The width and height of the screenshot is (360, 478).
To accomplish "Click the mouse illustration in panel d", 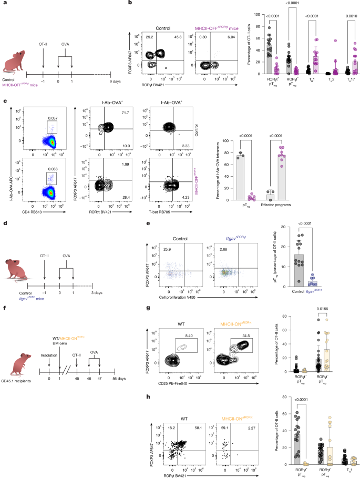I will pos(14,267).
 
